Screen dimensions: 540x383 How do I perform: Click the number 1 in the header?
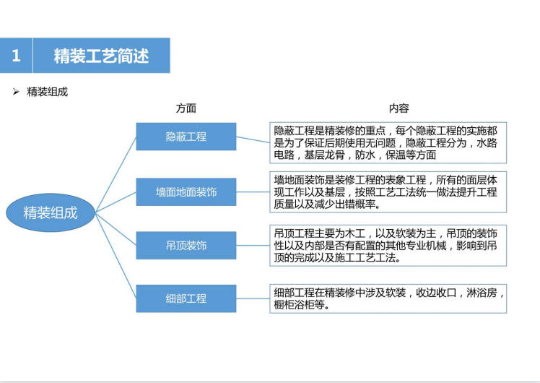[x=16, y=56]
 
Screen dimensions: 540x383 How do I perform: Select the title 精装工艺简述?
[x=101, y=56]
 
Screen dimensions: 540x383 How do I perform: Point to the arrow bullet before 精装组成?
[x=16, y=92]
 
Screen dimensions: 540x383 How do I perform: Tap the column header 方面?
[x=186, y=108]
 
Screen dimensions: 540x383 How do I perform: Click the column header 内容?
[x=399, y=108]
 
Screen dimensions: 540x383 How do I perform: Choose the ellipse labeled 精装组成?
[x=51, y=212]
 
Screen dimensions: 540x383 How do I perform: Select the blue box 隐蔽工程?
[x=186, y=137]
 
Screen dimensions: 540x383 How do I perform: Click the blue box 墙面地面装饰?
[x=186, y=192]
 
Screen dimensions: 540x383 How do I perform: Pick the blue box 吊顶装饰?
[x=186, y=246]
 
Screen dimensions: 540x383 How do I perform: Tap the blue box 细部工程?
[x=186, y=298]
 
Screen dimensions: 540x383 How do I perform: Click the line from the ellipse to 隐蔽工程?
[x=116, y=174]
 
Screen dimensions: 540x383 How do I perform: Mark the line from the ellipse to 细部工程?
[x=116, y=255]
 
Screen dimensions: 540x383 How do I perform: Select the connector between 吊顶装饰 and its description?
[x=253, y=246]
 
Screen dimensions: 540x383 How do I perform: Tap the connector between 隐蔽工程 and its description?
[x=253, y=139]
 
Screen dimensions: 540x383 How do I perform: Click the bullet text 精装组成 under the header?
[x=47, y=92]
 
